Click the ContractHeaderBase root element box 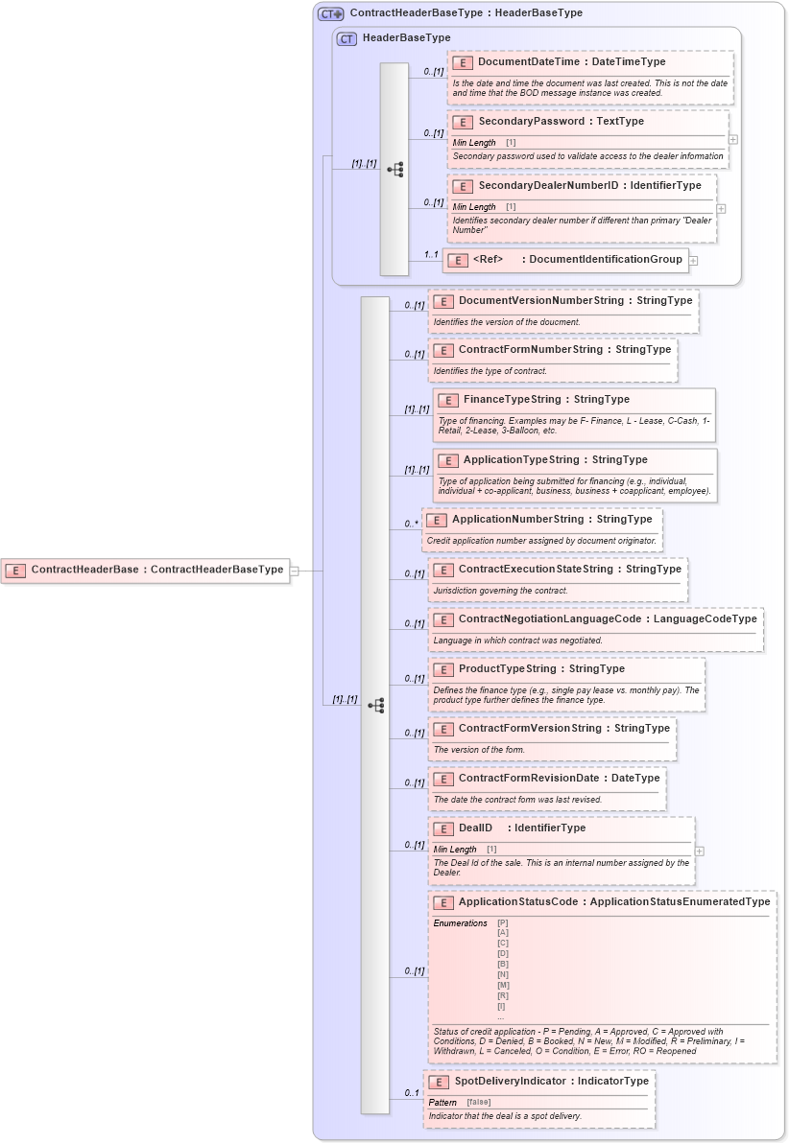point(145,570)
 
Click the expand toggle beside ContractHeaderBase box point(295,571)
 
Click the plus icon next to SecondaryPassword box point(733,139)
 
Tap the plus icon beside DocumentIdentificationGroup point(693,261)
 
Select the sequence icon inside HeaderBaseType point(394,170)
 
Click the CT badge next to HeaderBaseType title point(347,38)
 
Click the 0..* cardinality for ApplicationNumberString point(412,524)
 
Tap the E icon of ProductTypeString point(443,669)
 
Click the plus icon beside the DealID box point(700,851)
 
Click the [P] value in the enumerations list point(503,922)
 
